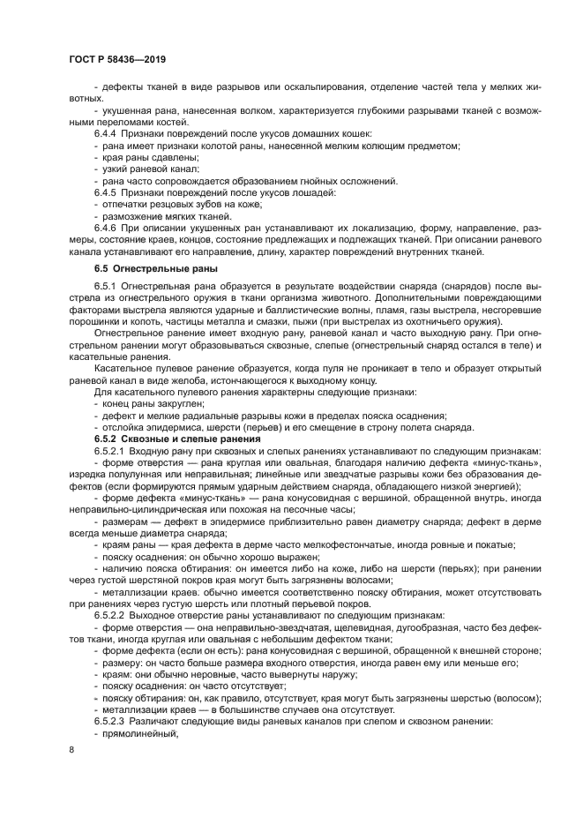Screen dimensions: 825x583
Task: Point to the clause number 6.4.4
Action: coord(106,131)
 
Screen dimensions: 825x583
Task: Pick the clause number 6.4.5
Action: coord(106,191)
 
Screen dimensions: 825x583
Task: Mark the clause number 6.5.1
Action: coord(106,287)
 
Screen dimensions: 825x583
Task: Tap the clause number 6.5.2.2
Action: coord(110,639)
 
